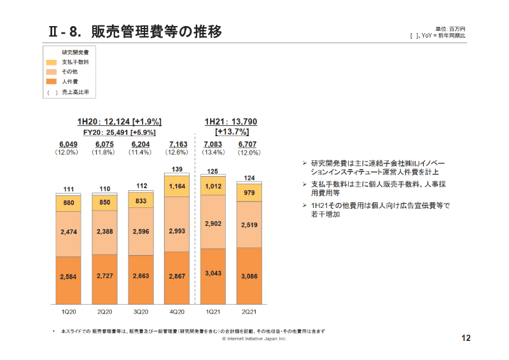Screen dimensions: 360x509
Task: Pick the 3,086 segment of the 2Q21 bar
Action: pyautogui.click(x=249, y=275)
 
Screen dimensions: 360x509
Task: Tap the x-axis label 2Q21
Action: pyautogui.click(x=249, y=312)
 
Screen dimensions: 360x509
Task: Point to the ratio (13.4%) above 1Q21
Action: pyautogui.click(x=213, y=153)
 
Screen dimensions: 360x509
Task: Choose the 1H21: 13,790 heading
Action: pyautogui.click(x=231, y=121)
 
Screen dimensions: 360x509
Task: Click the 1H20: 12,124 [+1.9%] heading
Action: pyautogui.click(x=119, y=121)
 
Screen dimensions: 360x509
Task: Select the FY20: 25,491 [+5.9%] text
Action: pyautogui.click(x=119, y=132)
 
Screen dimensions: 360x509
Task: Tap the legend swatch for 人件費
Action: pyautogui.click(x=52, y=82)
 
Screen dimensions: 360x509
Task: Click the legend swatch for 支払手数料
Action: pyautogui.click(x=52, y=62)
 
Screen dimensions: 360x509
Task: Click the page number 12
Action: pyautogui.click(x=465, y=338)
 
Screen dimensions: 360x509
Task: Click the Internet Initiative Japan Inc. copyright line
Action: pyautogui.click(x=254, y=339)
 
